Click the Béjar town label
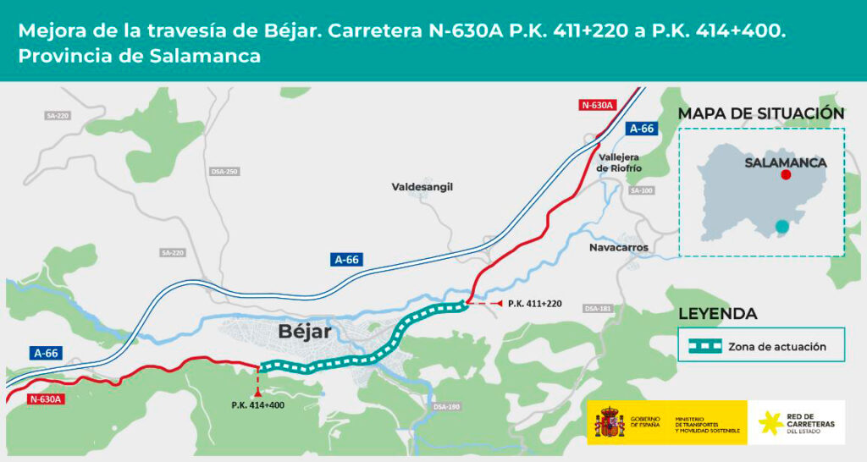305,332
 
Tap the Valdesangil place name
422,186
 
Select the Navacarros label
618,247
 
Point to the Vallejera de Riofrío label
620,162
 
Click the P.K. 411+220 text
535,303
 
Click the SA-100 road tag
642,190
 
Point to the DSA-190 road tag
446,407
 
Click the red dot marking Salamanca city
787,174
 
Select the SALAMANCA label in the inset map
785,162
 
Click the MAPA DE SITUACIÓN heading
761,113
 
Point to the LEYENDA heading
718,314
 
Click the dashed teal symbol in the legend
704,346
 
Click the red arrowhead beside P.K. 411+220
499,303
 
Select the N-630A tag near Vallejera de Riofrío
598,105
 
